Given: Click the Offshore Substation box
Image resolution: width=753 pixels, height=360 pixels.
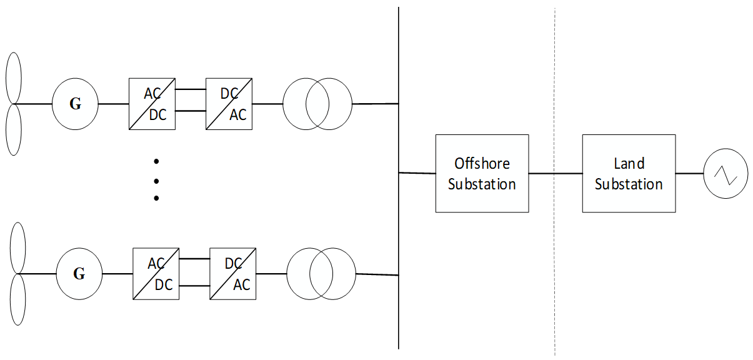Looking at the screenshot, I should coord(482,173).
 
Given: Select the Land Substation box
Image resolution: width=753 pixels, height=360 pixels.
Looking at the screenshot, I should coord(629,173).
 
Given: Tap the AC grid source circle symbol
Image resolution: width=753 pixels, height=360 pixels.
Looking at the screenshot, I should coord(726,174).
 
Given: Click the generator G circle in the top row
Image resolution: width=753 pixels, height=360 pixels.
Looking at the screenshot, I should coord(75,104).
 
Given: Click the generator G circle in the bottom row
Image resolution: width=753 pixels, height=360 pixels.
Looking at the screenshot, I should coord(79,274).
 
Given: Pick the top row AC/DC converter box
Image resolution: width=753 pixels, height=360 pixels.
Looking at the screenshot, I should coord(152,104).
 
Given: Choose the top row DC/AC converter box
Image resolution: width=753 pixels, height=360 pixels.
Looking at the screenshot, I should coord(229,104).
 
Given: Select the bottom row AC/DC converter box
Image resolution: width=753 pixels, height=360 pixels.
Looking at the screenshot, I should coord(156,274).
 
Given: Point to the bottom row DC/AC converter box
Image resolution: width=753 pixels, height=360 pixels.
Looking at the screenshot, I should coord(233,274).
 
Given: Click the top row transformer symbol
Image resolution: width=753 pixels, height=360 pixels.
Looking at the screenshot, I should coord(317,104).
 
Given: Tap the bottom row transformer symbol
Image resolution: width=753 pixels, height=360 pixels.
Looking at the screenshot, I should coord(321,274).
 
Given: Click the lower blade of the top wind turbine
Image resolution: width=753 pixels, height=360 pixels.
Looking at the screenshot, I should coord(14,130).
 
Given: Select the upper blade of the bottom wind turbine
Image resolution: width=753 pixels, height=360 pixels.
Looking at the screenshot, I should coord(17,247).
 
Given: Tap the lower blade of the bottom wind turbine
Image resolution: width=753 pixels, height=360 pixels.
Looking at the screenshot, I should coord(17,300).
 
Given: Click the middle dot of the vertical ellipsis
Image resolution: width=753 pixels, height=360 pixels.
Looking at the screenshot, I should coord(156,181).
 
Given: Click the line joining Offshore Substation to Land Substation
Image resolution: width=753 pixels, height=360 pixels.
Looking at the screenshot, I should coord(555,173).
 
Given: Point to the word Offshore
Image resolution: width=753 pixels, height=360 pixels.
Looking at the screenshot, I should coord(482,164).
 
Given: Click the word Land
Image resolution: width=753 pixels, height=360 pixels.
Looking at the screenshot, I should coord(629,164).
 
